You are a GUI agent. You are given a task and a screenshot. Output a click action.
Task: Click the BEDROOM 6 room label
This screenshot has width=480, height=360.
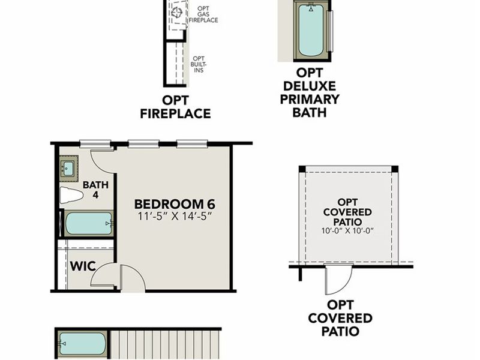pyautogui.click(x=174, y=203)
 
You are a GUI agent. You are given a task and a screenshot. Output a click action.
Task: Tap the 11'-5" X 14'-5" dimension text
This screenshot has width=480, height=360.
pyautogui.click(x=174, y=215)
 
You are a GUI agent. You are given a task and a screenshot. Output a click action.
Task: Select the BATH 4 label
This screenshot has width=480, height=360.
pyautogui.click(x=95, y=190)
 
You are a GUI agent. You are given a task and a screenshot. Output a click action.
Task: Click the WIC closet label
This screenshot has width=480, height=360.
pyautogui.click(x=83, y=265)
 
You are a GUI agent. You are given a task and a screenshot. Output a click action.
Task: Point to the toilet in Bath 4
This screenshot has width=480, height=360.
pyautogui.click(x=71, y=196)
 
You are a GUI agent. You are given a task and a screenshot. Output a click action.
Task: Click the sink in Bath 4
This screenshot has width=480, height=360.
pyautogui.click(x=68, y=169)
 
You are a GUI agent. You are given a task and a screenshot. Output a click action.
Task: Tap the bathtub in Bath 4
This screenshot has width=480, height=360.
pyautogui.click(x=88, y=223)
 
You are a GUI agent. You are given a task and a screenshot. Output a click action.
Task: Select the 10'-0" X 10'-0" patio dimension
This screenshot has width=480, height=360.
pyautogui.click(x=347, y=230)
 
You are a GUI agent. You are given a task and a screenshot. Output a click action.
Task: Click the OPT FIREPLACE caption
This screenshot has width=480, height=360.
pyautogui.click(x=175, y=107)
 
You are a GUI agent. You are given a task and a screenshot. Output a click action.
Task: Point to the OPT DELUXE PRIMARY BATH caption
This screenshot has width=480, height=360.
pyautogui.click(x=310, y=93)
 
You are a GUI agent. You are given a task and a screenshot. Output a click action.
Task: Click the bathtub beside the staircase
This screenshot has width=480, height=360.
pyautogui.click(x=83, y=344)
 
